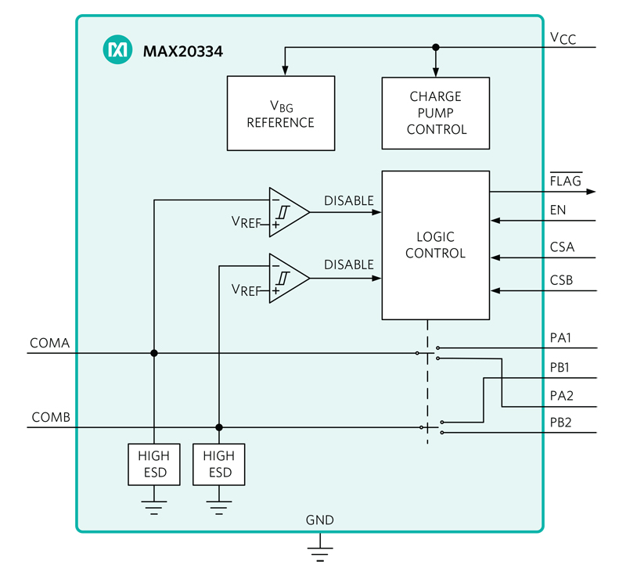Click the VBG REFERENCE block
coord(280,113)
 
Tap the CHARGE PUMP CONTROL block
coord(435,113)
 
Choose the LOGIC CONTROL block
coord(435,245)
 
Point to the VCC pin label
coord(563,38)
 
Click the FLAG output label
coord(565,181)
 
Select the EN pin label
coord(558,210)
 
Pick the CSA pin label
coord(562,247)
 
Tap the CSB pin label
coord(562,280)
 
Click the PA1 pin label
coord(561,337)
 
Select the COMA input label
coord(50,343)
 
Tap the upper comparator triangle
coord(286,212)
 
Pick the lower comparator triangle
coord(286,278)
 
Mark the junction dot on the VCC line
coord(436,48)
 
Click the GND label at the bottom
coord(319,520)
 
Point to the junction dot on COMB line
coord(219,427)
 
